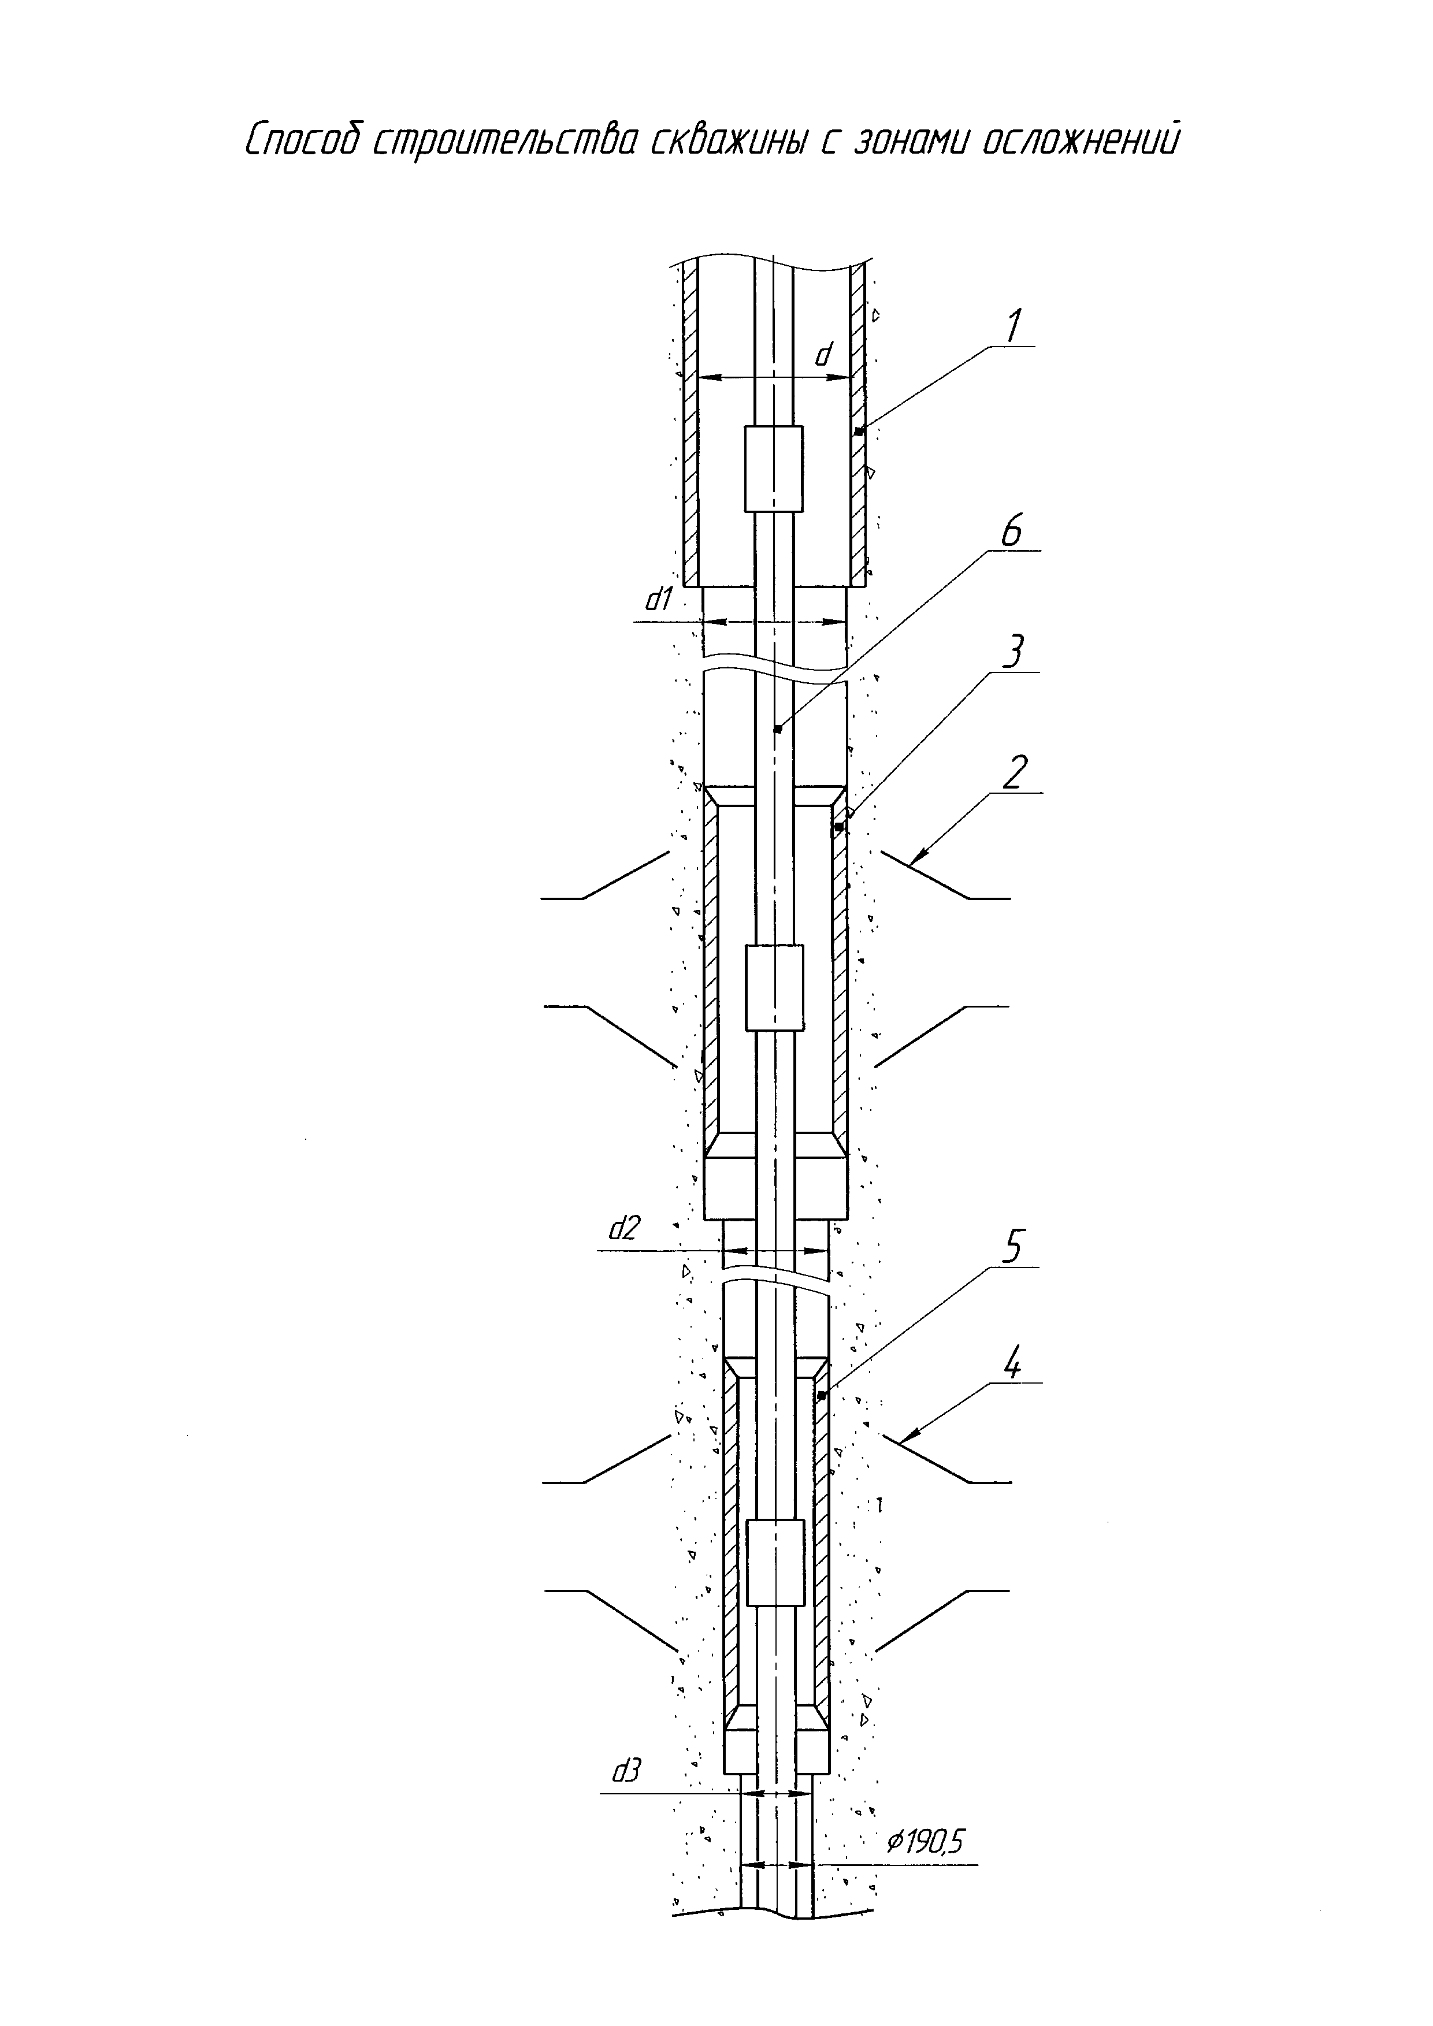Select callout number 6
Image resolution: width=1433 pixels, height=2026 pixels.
(x=1011, y=531)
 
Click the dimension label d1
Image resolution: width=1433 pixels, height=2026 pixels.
(x=659, y=600)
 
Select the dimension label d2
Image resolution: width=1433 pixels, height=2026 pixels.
(x=625, y=1229)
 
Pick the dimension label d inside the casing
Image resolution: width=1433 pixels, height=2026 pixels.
(x=823, y=355)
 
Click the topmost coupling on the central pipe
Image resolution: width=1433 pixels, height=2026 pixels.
(x=774, y=469)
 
